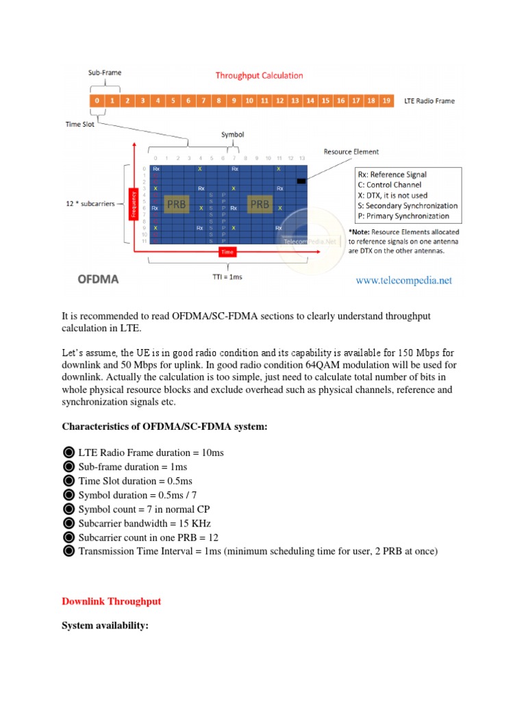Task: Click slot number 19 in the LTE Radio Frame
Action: pos(386,101)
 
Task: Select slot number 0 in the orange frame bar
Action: pos(97,101)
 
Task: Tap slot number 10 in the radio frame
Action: pos(249,101)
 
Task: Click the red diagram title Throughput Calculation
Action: pos(259,75)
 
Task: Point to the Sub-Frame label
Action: pos(103,72)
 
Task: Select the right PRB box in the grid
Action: pos(261,204)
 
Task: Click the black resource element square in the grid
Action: pos(301,181)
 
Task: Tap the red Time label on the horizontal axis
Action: pos(227,253)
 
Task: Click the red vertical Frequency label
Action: pos(134,204)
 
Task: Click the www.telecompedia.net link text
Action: pos(403,280)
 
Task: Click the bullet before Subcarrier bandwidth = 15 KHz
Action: pos(68,524)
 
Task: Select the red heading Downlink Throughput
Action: pos(111,601)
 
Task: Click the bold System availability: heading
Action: pos(105,626)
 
